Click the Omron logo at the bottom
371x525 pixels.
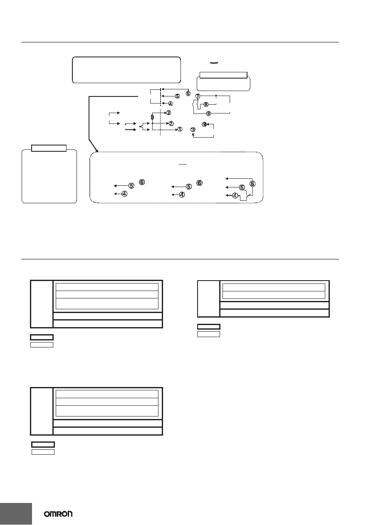pyautogui.click(x=58, y=514)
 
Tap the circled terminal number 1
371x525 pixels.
pyautogui.click(x=180, y=129)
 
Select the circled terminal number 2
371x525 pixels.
pyautogui.click(x=171, y=123)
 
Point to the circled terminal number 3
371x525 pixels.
pyautogui.click(x=168, y=113)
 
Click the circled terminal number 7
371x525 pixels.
pyautogui.click(x=198, y=96)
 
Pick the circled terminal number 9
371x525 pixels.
pyautogui.click(x=208, y=113)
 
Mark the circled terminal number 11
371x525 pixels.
pyautogui.click(x=193, y=129)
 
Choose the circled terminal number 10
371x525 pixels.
pyautogui.click(x=204, y=124)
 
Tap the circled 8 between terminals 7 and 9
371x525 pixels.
pyautogui.click(x=206, y=104)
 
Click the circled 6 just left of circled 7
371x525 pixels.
pyautogui.click(x=188, y=94)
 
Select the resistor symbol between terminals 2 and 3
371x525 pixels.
pyautogui.click(x=152, y=117)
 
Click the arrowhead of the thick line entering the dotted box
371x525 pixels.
pyautogui.click(x=96, y=150)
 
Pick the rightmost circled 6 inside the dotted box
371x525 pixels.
pyautogui.click(x=252, y=184)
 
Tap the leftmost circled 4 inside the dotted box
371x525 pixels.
pyautogui.click(x=124, y=194)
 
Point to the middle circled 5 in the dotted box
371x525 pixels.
pyautogui.click(x=188, y=187)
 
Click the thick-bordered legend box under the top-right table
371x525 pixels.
pyautogui.click(x=208, y=327)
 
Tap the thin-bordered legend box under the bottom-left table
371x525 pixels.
pyautogui.click(x=43, y=452)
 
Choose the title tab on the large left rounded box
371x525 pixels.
pyautogui.click(x=49, y=148)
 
